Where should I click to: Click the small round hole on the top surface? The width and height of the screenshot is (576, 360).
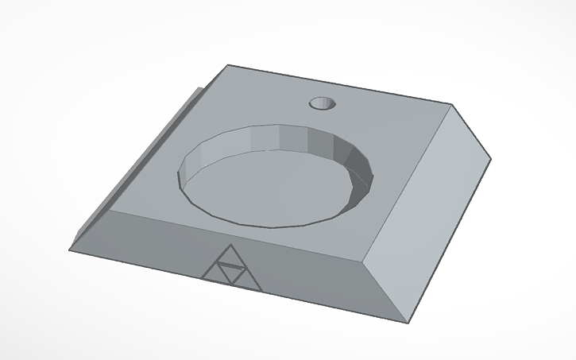[323, 103]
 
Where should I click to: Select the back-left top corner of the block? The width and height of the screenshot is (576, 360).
[228, 65]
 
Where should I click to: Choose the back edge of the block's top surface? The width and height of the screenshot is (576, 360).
[342, 84]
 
